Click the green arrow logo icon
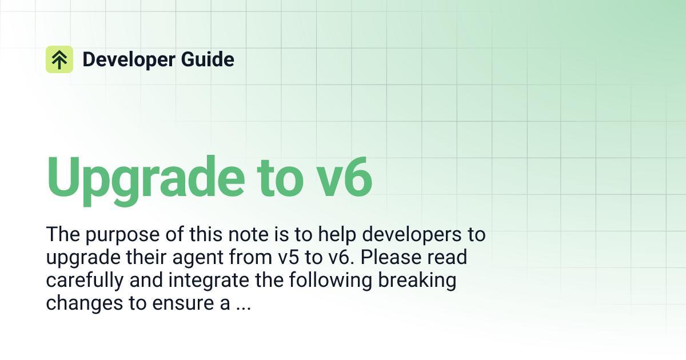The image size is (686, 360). click(59, 59)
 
